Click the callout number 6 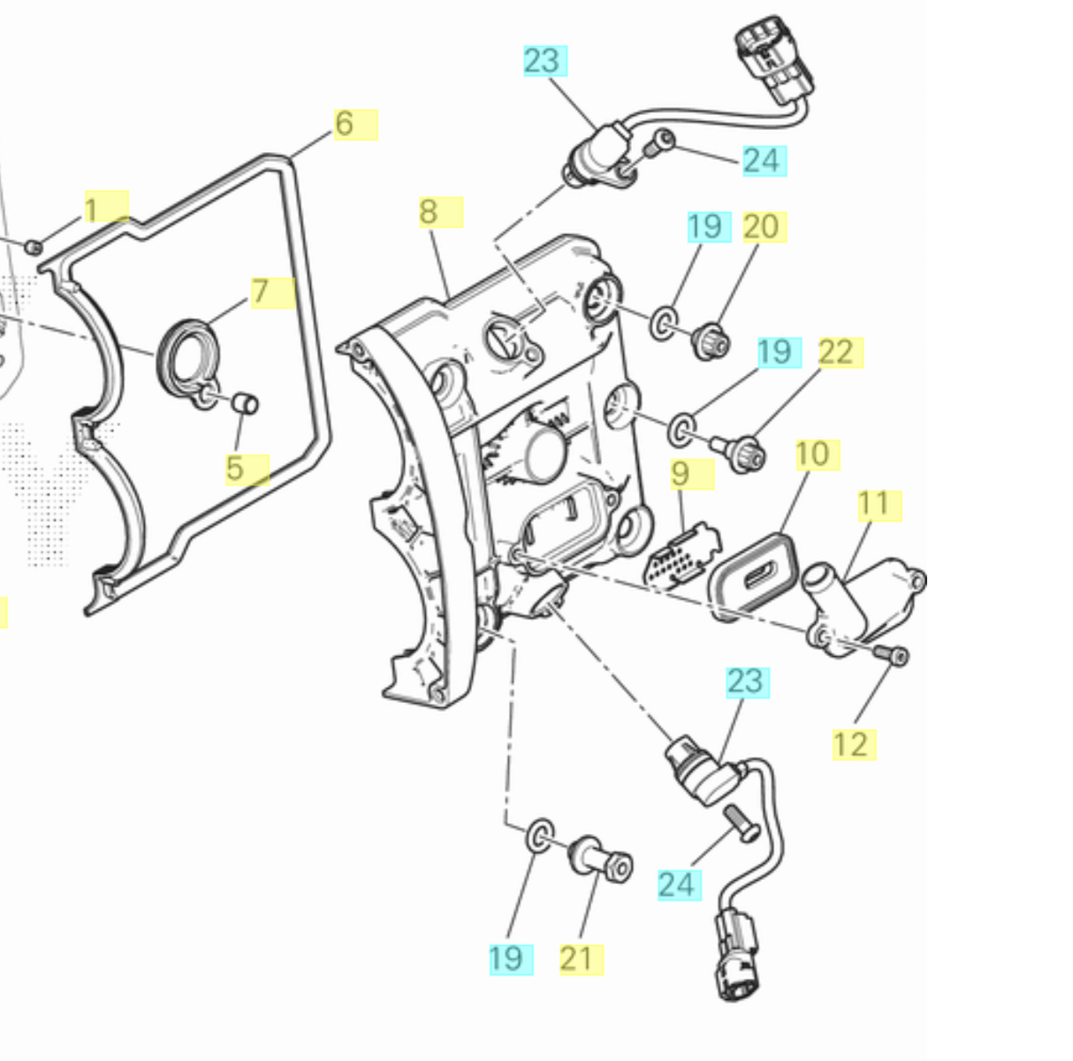[345, 124]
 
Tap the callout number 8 [429, 212]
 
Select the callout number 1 [90, 210]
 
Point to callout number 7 [260, 292]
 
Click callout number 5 [234, 469]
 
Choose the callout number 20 [760, 227]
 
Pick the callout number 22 [835, 353]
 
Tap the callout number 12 [850, 744]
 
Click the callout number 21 [577, 958]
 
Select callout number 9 [680, 474]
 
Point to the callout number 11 [873, 505]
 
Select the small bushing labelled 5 [245, 404]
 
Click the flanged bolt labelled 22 [741, 452]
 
